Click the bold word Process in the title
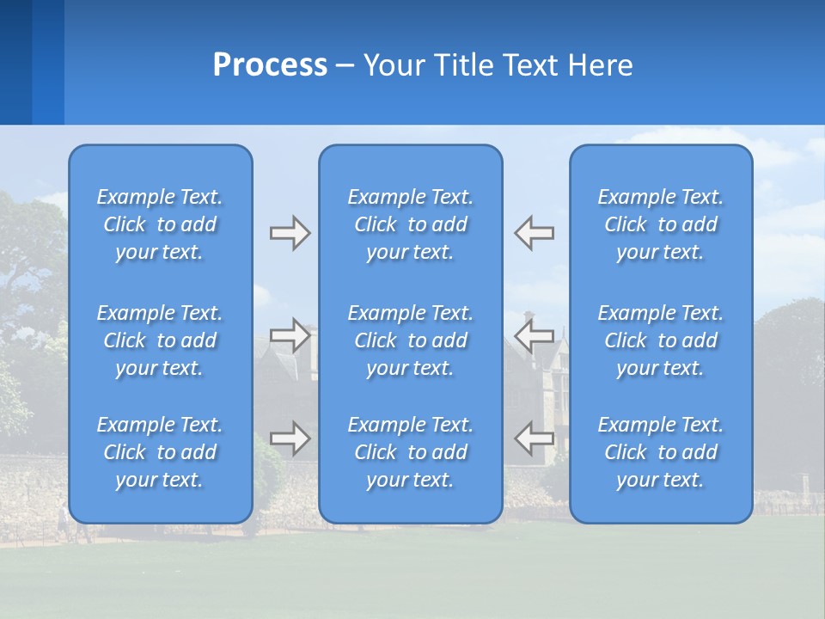(x=270, y=65)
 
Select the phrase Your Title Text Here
(x=498, y=65)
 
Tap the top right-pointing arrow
(x=290, y=233)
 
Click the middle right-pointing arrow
(x=290, y=335)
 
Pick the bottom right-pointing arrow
(x=290, y=438)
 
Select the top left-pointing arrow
(x=534, y=233)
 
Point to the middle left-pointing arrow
(x=534, y=335)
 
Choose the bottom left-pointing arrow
(x=534, y=438)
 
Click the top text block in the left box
(x=160, y=224)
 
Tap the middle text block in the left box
(x=160, y=340)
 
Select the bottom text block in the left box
(x=160, y=452)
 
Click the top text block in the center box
(x=411, y=224)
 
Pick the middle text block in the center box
(x=411, y=340)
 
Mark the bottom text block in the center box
(x=411, y=452)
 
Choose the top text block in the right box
(x=661, y=224)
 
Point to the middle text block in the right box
(x=661, y=340)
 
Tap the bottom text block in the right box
(x=661, y=452)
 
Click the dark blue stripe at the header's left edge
(x=15, y=62)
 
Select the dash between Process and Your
(x=345, y=66)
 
